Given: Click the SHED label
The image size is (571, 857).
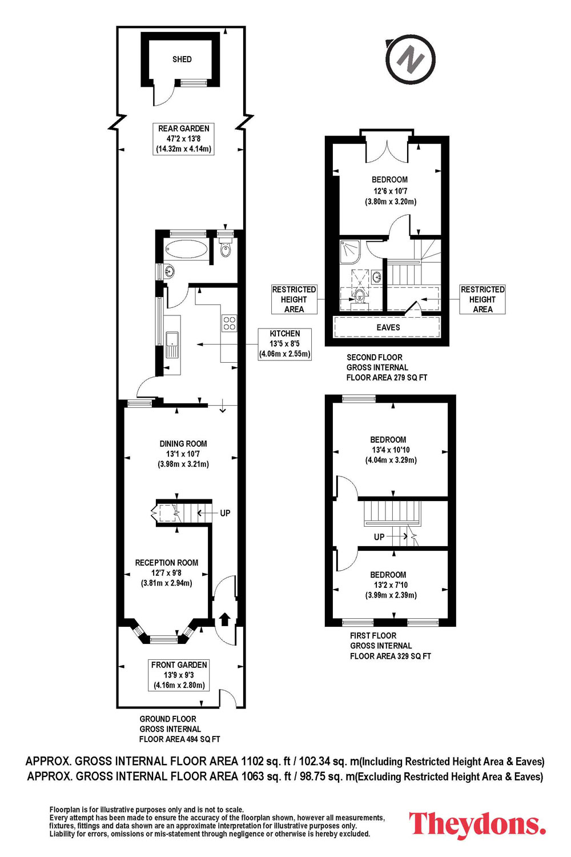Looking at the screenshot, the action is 182,59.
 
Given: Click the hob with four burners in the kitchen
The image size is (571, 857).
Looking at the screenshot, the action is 230,323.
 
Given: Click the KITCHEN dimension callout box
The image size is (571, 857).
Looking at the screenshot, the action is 284,343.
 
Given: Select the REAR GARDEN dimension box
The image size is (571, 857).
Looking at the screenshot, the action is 184,138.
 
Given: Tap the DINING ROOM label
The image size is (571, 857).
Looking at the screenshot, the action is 183,444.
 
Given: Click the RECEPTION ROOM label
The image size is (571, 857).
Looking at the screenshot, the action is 167,563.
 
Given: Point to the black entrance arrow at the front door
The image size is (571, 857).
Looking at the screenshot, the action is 224,619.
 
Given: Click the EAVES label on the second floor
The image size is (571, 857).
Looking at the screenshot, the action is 388,327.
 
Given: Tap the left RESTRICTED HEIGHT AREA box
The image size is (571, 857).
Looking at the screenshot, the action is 294,299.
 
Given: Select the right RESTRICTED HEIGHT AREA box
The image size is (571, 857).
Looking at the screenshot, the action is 482,299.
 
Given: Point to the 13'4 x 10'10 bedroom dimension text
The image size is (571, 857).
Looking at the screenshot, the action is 391,450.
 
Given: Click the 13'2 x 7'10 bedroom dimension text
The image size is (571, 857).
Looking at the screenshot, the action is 391,585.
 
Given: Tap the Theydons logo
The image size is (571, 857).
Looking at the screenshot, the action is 477,824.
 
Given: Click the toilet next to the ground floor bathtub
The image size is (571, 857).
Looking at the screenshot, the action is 226,249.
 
